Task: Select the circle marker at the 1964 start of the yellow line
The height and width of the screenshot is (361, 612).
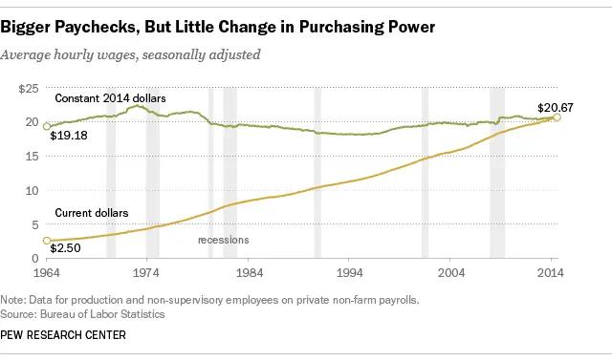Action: point(47,241)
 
